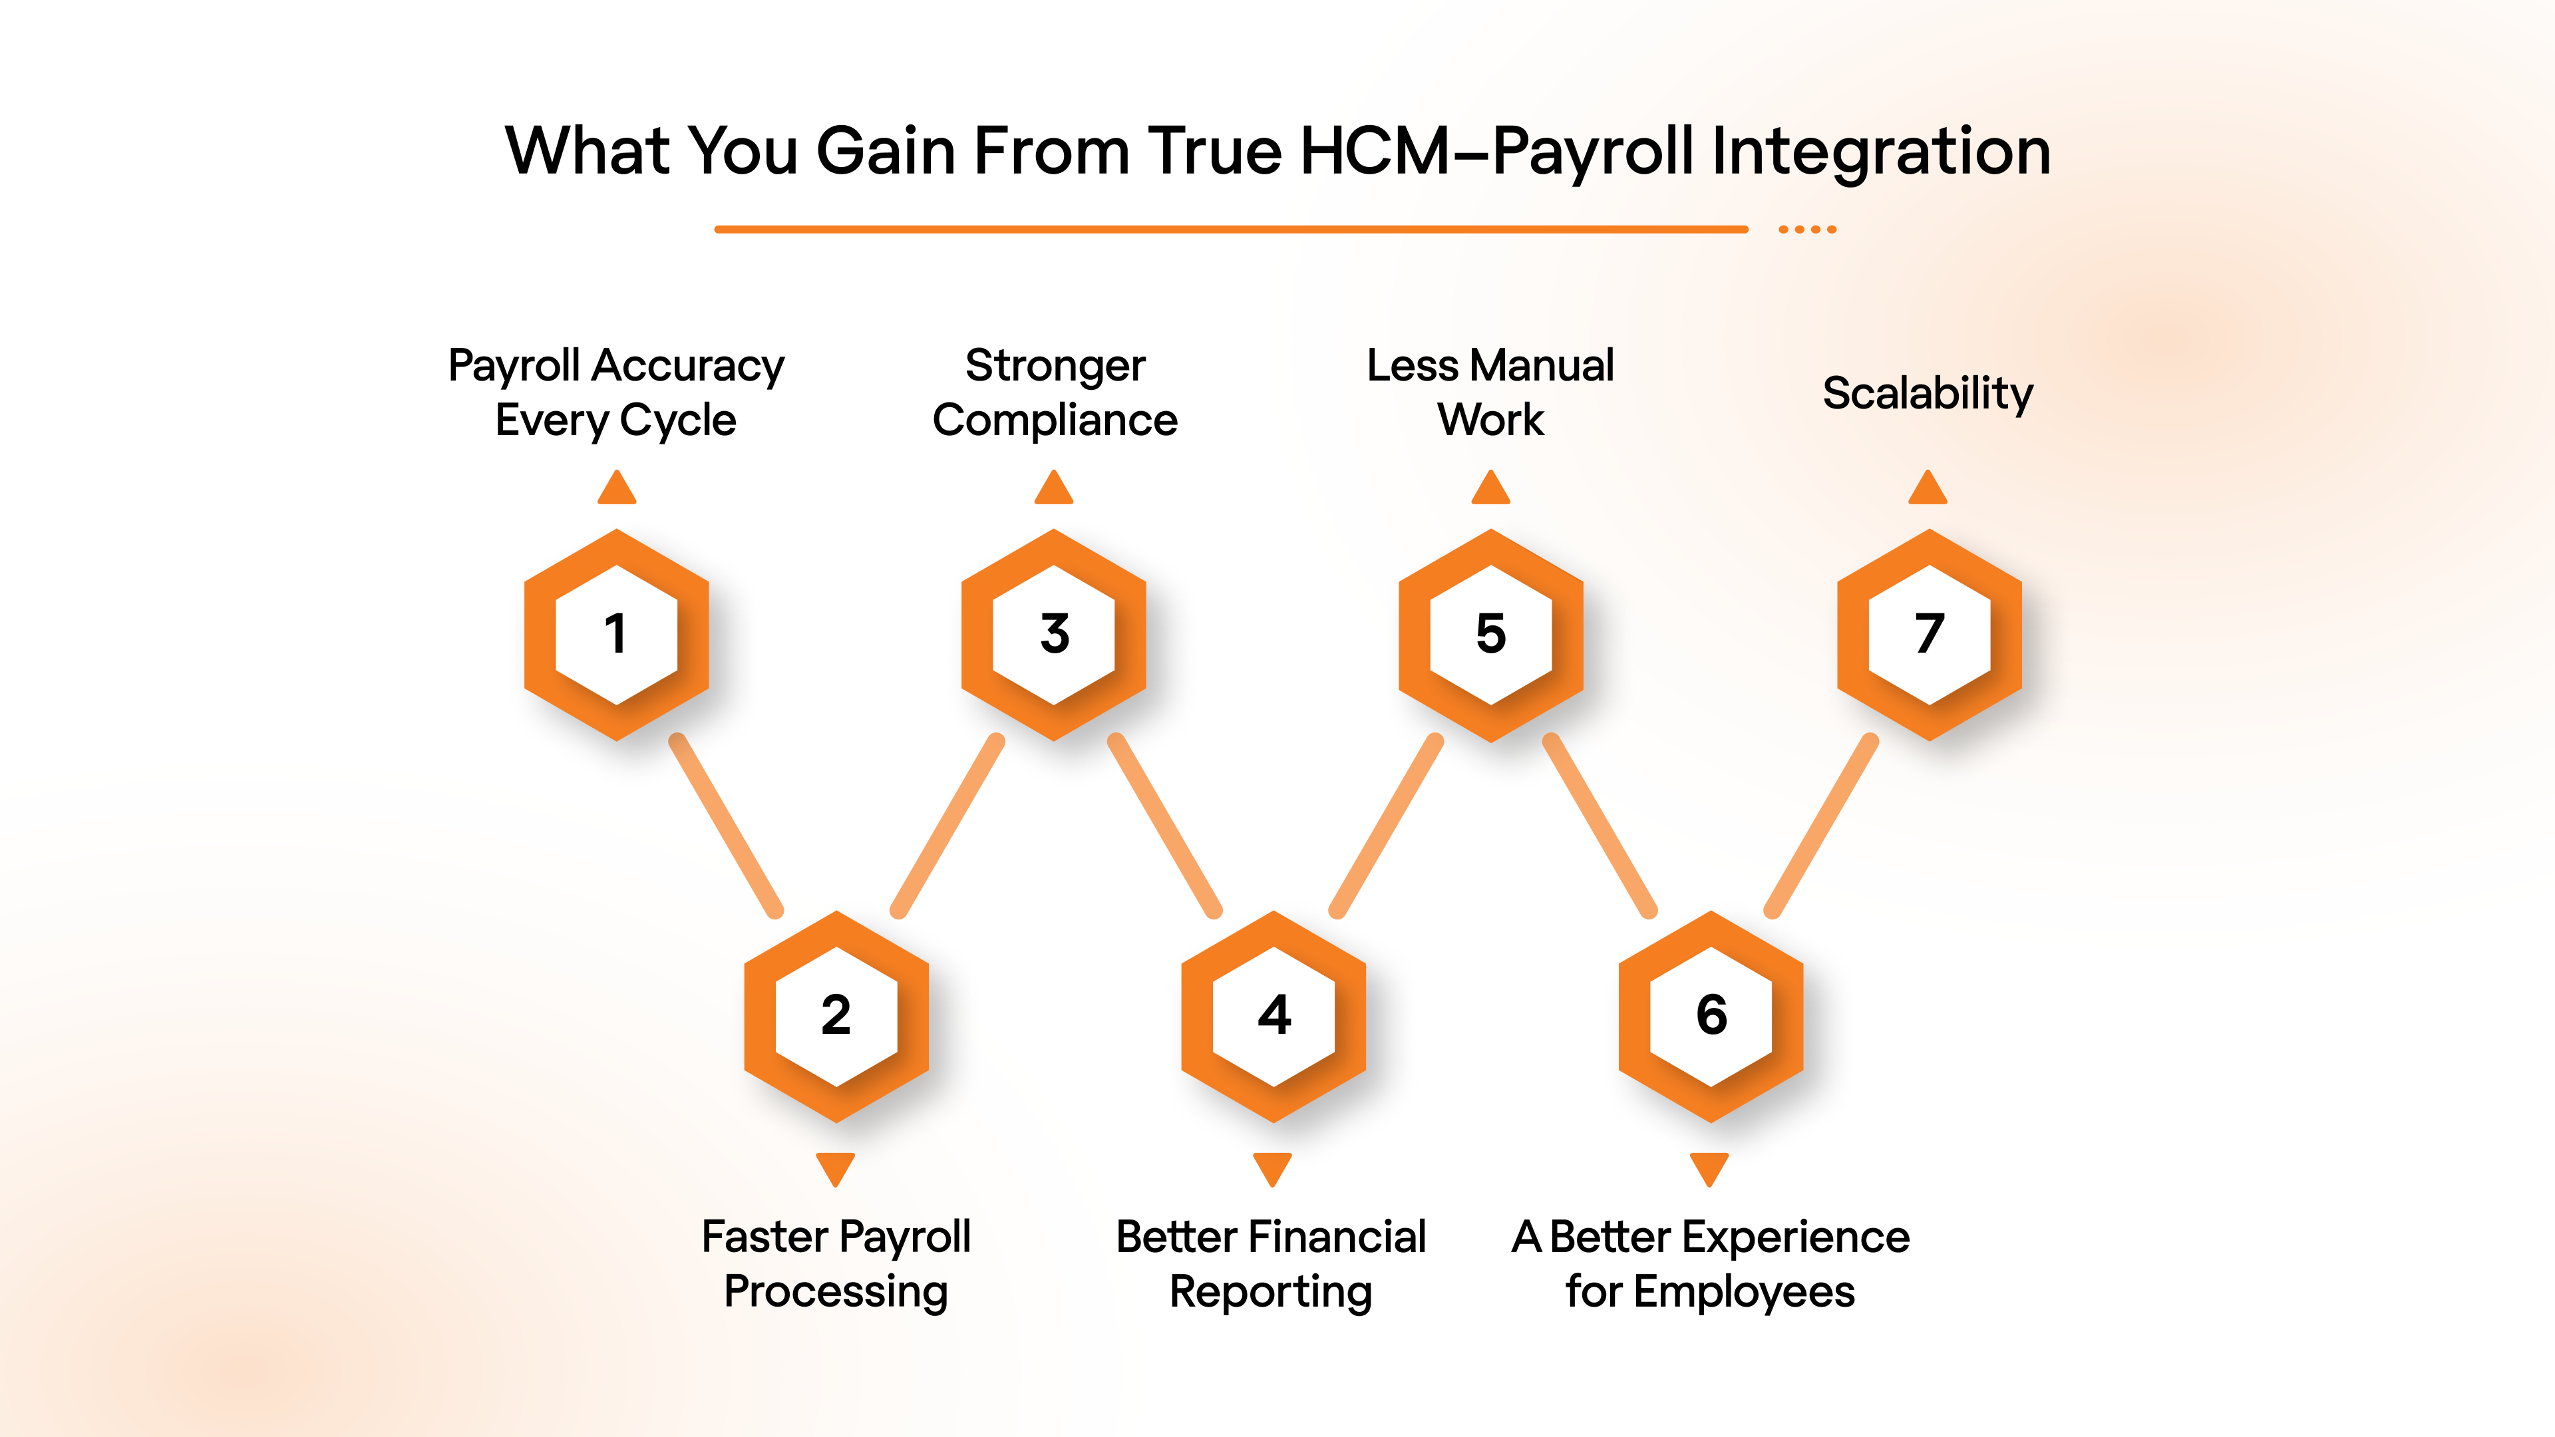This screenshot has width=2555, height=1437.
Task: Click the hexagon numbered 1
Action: point(616,635)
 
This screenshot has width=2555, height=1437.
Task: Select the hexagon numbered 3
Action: point(1053,635)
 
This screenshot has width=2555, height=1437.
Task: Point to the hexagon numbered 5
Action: point(1490,635)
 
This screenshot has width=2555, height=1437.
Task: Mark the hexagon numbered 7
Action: point(1929,635)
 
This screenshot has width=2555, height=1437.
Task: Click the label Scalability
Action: point(1927,395)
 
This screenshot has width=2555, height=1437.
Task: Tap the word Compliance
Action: point(1055,420)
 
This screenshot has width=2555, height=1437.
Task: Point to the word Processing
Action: point(836,1292)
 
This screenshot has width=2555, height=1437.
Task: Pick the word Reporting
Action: point(1271,1292)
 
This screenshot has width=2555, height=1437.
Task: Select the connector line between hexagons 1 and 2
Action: point(726,825)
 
